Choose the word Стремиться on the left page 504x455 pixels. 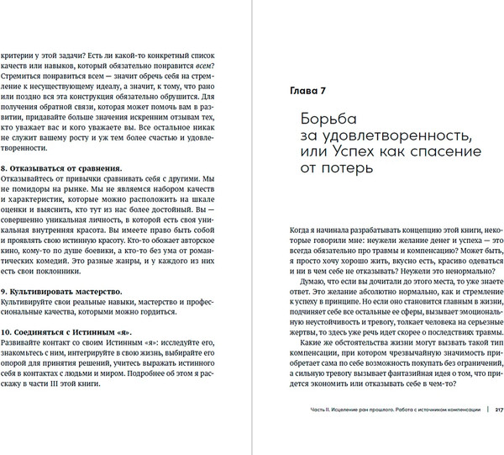click(28, 72)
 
